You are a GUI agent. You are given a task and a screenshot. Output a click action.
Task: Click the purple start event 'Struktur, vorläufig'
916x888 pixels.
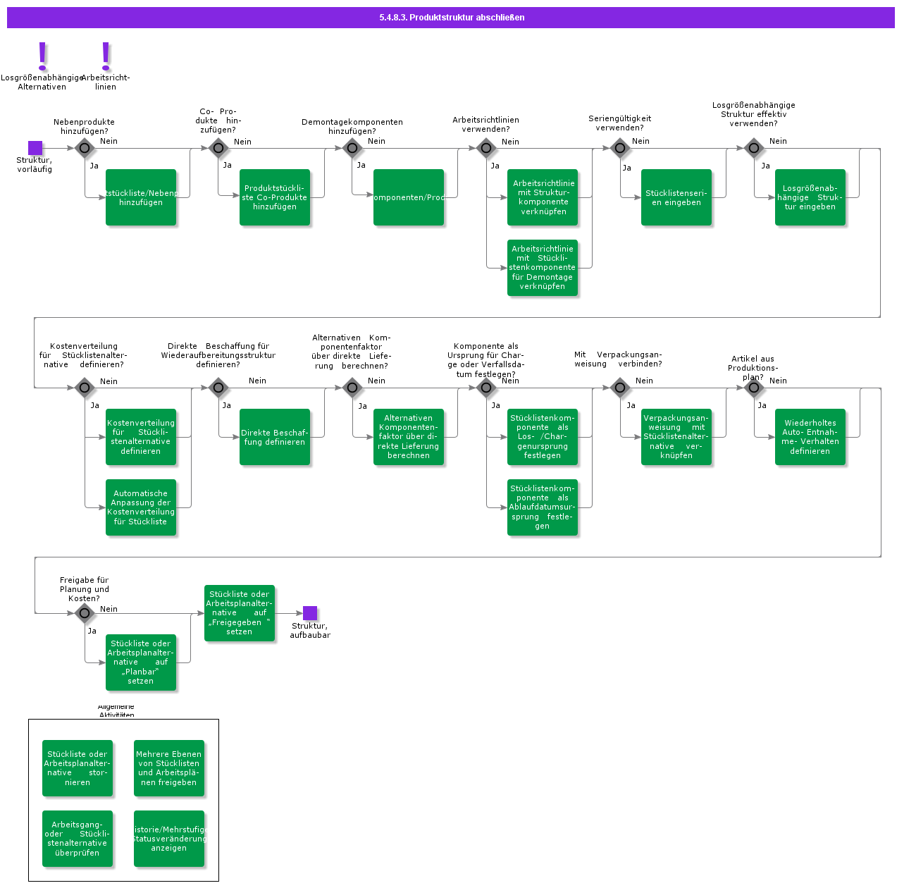click(35, 148)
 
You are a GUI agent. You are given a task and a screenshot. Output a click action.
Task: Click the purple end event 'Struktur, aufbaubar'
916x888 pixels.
click(310, 613)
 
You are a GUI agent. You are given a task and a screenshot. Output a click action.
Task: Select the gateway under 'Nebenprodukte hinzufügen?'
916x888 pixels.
click(85, 148)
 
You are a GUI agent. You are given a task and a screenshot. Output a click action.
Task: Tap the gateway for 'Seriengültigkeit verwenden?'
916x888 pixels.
click(620, 148)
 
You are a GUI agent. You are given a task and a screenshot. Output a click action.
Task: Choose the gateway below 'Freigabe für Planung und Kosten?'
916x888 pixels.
click(85, 613)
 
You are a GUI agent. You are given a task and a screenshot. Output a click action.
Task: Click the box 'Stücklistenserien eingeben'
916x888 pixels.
click(676, 197)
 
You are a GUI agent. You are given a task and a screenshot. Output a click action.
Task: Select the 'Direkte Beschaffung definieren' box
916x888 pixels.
click(275, 437)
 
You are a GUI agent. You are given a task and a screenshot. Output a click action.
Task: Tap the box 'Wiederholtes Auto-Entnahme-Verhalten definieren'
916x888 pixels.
click(810, 437)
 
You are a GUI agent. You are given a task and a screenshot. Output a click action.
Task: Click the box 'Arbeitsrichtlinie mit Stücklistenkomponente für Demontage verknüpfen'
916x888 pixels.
click(543, 268)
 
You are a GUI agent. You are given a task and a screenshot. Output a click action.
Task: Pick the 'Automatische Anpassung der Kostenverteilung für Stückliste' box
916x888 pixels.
click(141, 507)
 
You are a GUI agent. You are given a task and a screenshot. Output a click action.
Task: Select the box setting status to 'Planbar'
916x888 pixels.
click(141, 662)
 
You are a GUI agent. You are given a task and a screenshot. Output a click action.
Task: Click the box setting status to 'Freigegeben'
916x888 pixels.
click(240, 613)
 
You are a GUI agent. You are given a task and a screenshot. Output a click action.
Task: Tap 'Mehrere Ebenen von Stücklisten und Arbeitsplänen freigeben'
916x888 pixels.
click(169, 768)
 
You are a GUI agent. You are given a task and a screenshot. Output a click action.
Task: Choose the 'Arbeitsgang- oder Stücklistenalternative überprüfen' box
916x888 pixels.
click(78, 839)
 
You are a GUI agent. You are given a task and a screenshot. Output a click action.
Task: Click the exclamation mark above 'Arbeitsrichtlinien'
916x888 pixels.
click(106, 56)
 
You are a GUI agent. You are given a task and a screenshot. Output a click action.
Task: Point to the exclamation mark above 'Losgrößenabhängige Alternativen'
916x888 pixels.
click(42, 56)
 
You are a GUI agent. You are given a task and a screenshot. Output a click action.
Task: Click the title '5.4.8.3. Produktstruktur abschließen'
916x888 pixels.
click(451, 18)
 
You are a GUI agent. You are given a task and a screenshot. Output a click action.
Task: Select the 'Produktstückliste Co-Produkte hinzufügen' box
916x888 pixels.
click(275, 197)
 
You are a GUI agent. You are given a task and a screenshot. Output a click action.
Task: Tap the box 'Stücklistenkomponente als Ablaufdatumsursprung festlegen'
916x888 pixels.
click(543, 507)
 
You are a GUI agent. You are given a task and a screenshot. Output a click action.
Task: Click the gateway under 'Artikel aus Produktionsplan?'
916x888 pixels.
click(754, 388)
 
